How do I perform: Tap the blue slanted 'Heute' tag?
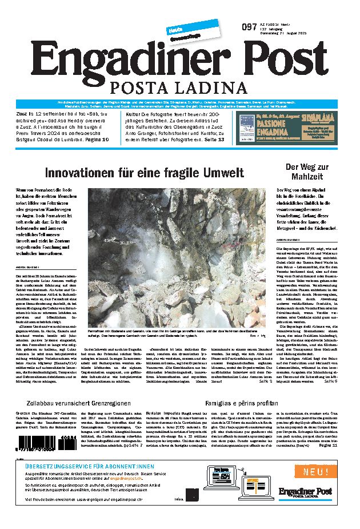pos(174,29)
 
